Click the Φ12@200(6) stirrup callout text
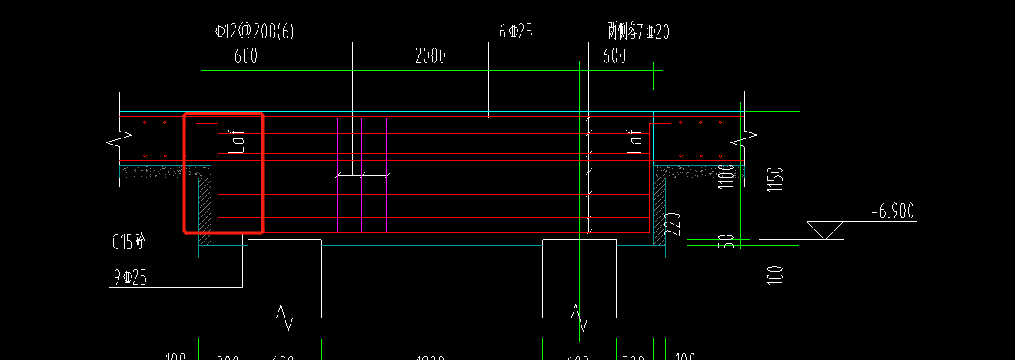(255, 32)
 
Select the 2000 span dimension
(430, 55)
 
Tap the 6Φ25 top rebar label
(515, 32)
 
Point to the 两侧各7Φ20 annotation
(637, 32)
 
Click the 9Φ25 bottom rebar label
(129, 278)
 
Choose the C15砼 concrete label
(129, 242)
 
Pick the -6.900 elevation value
(893, 212)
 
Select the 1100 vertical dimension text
(725, 178)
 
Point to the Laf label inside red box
(237, 141)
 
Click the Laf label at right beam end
(635, 141)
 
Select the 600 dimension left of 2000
(246, 55)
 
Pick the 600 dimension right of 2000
(614, 55)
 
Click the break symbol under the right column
(576, 315)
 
